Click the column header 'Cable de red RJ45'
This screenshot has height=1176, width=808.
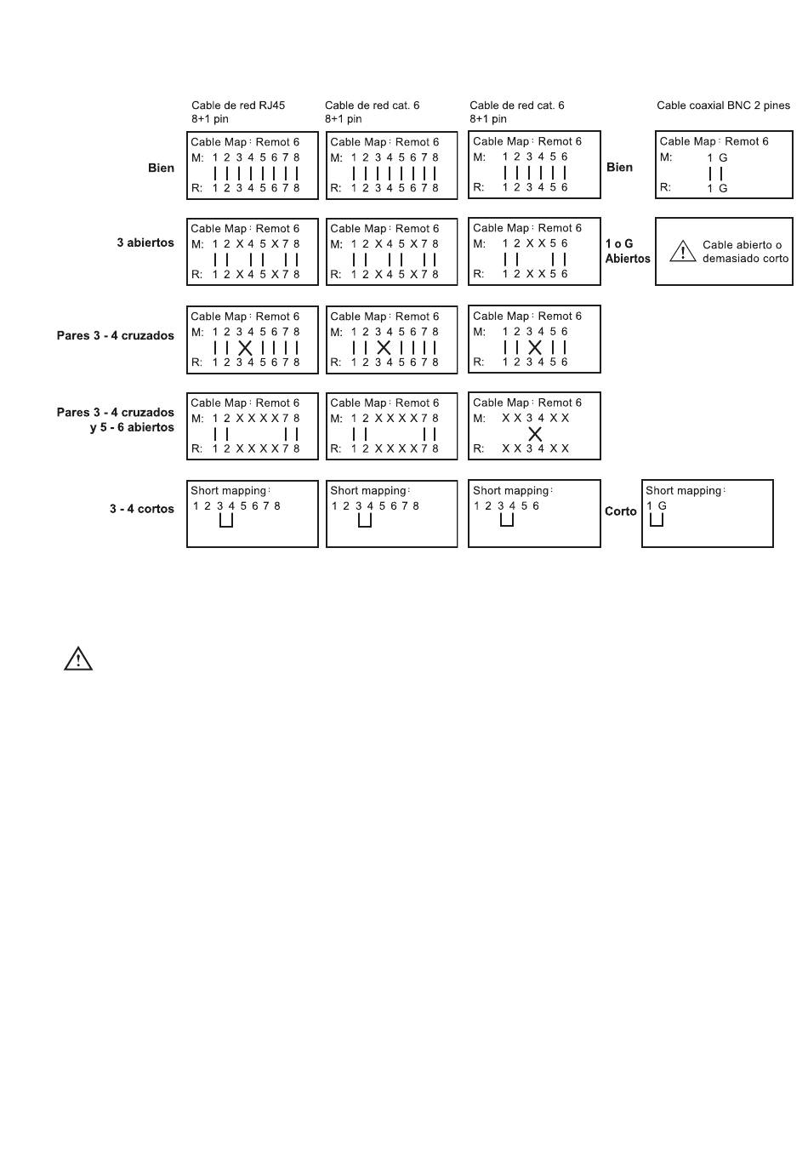[x=238, y=105]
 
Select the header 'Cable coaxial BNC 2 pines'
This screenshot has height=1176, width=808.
[x=723, y=105]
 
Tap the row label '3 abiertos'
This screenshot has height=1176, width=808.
[x=145, y=243]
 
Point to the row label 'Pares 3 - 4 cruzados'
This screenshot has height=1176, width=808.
[x=116, y=335]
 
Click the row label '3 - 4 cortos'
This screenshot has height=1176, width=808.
[x=142, y=509]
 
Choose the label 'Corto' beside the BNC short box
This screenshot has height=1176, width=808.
[x=621, y=511]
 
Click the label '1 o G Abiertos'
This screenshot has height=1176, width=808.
[x=628, y=251]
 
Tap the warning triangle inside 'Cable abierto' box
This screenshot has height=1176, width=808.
[x=683, y=252]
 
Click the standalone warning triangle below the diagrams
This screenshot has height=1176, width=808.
[x=78, y=659]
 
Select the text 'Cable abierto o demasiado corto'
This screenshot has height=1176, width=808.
[x=745, y=252]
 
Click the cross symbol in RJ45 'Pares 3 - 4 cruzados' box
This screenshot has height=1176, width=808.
[x=245, y=347]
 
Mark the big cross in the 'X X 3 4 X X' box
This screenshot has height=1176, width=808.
[x=535, y=434]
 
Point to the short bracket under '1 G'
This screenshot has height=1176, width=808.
[x=657, y=520]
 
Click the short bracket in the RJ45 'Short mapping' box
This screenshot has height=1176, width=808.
[x=226, y=521]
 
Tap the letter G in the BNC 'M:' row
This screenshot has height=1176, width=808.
[x=723, y=157]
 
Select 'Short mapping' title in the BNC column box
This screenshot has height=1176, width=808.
[x=683, y=491]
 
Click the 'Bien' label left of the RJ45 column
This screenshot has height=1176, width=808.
[x=161, y=168]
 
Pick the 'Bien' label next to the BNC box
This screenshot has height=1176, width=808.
[x=620, y=168]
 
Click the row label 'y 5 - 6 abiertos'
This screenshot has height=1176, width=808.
[x=132, y=427]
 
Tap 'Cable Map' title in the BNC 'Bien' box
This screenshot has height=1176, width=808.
[x=687, y=141]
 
